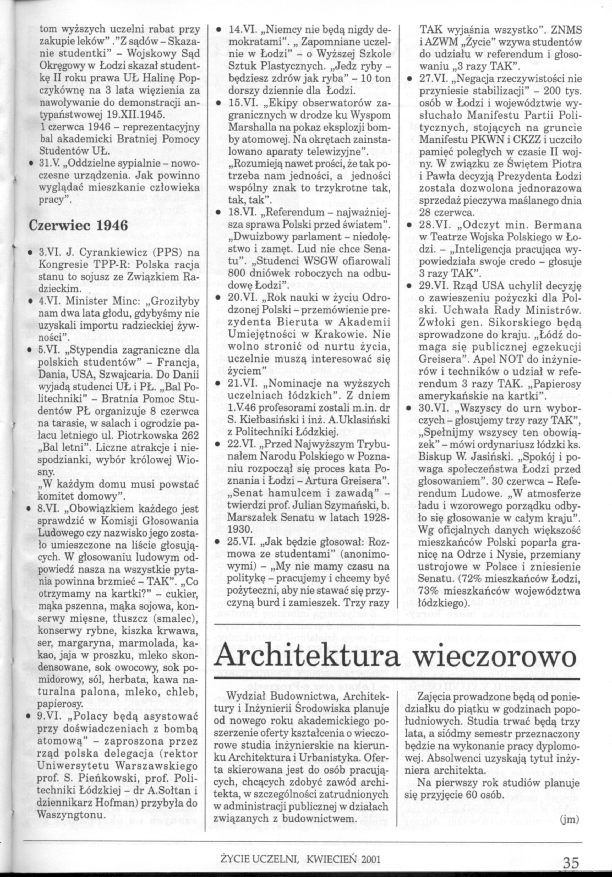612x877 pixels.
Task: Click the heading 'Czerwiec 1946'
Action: (x=78, y=226)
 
